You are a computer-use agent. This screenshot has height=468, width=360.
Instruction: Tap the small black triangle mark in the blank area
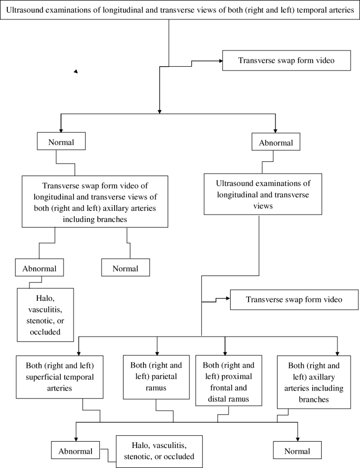point(76,71)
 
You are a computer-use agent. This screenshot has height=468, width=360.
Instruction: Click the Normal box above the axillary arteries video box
point(61,142)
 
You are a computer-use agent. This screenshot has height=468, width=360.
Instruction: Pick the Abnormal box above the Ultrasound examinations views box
point(276,142)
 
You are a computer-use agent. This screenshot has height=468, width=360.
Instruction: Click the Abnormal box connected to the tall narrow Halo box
point(39,268)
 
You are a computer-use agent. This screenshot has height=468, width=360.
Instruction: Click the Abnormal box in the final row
point(75,451)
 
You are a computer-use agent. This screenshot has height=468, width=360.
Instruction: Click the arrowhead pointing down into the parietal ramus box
point(157,352)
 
